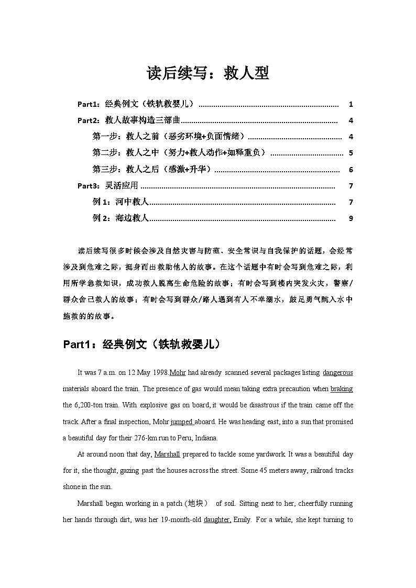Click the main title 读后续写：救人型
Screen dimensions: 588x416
[x=208, y=73]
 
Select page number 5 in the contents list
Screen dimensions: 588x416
[x=351, y=153]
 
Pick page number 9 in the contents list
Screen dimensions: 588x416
[x=351, y=218]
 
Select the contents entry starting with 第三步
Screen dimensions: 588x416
[x=152, y=169]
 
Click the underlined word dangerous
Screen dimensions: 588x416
[x=337, y=373]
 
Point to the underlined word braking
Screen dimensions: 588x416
[x=342, y=389]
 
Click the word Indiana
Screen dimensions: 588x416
[x=206, y=438]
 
